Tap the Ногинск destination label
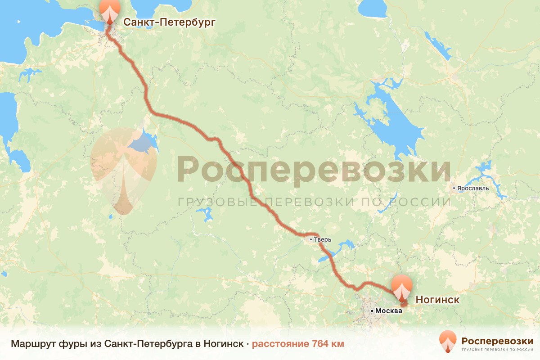437,300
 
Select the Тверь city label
323,240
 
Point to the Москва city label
387,311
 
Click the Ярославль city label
473,188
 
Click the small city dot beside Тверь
311,240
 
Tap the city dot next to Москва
372,311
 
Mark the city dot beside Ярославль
454,188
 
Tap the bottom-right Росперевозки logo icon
448,342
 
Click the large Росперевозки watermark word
314,169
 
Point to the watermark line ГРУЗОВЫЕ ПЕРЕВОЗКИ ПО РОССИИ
314,201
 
